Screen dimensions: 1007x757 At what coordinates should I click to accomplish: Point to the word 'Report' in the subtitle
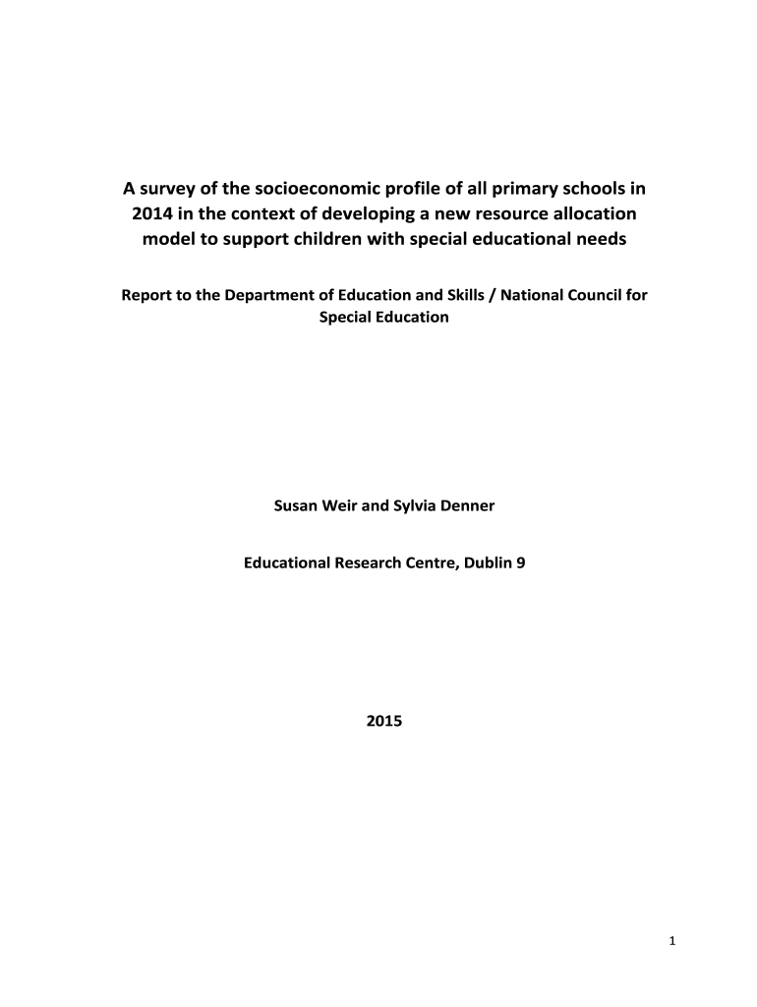(145, 295)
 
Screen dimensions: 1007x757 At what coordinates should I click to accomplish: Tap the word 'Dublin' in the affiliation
(482, 564)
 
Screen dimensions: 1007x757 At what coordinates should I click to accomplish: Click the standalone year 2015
(383, 721)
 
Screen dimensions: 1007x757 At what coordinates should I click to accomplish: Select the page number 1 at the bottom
(671, 942)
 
